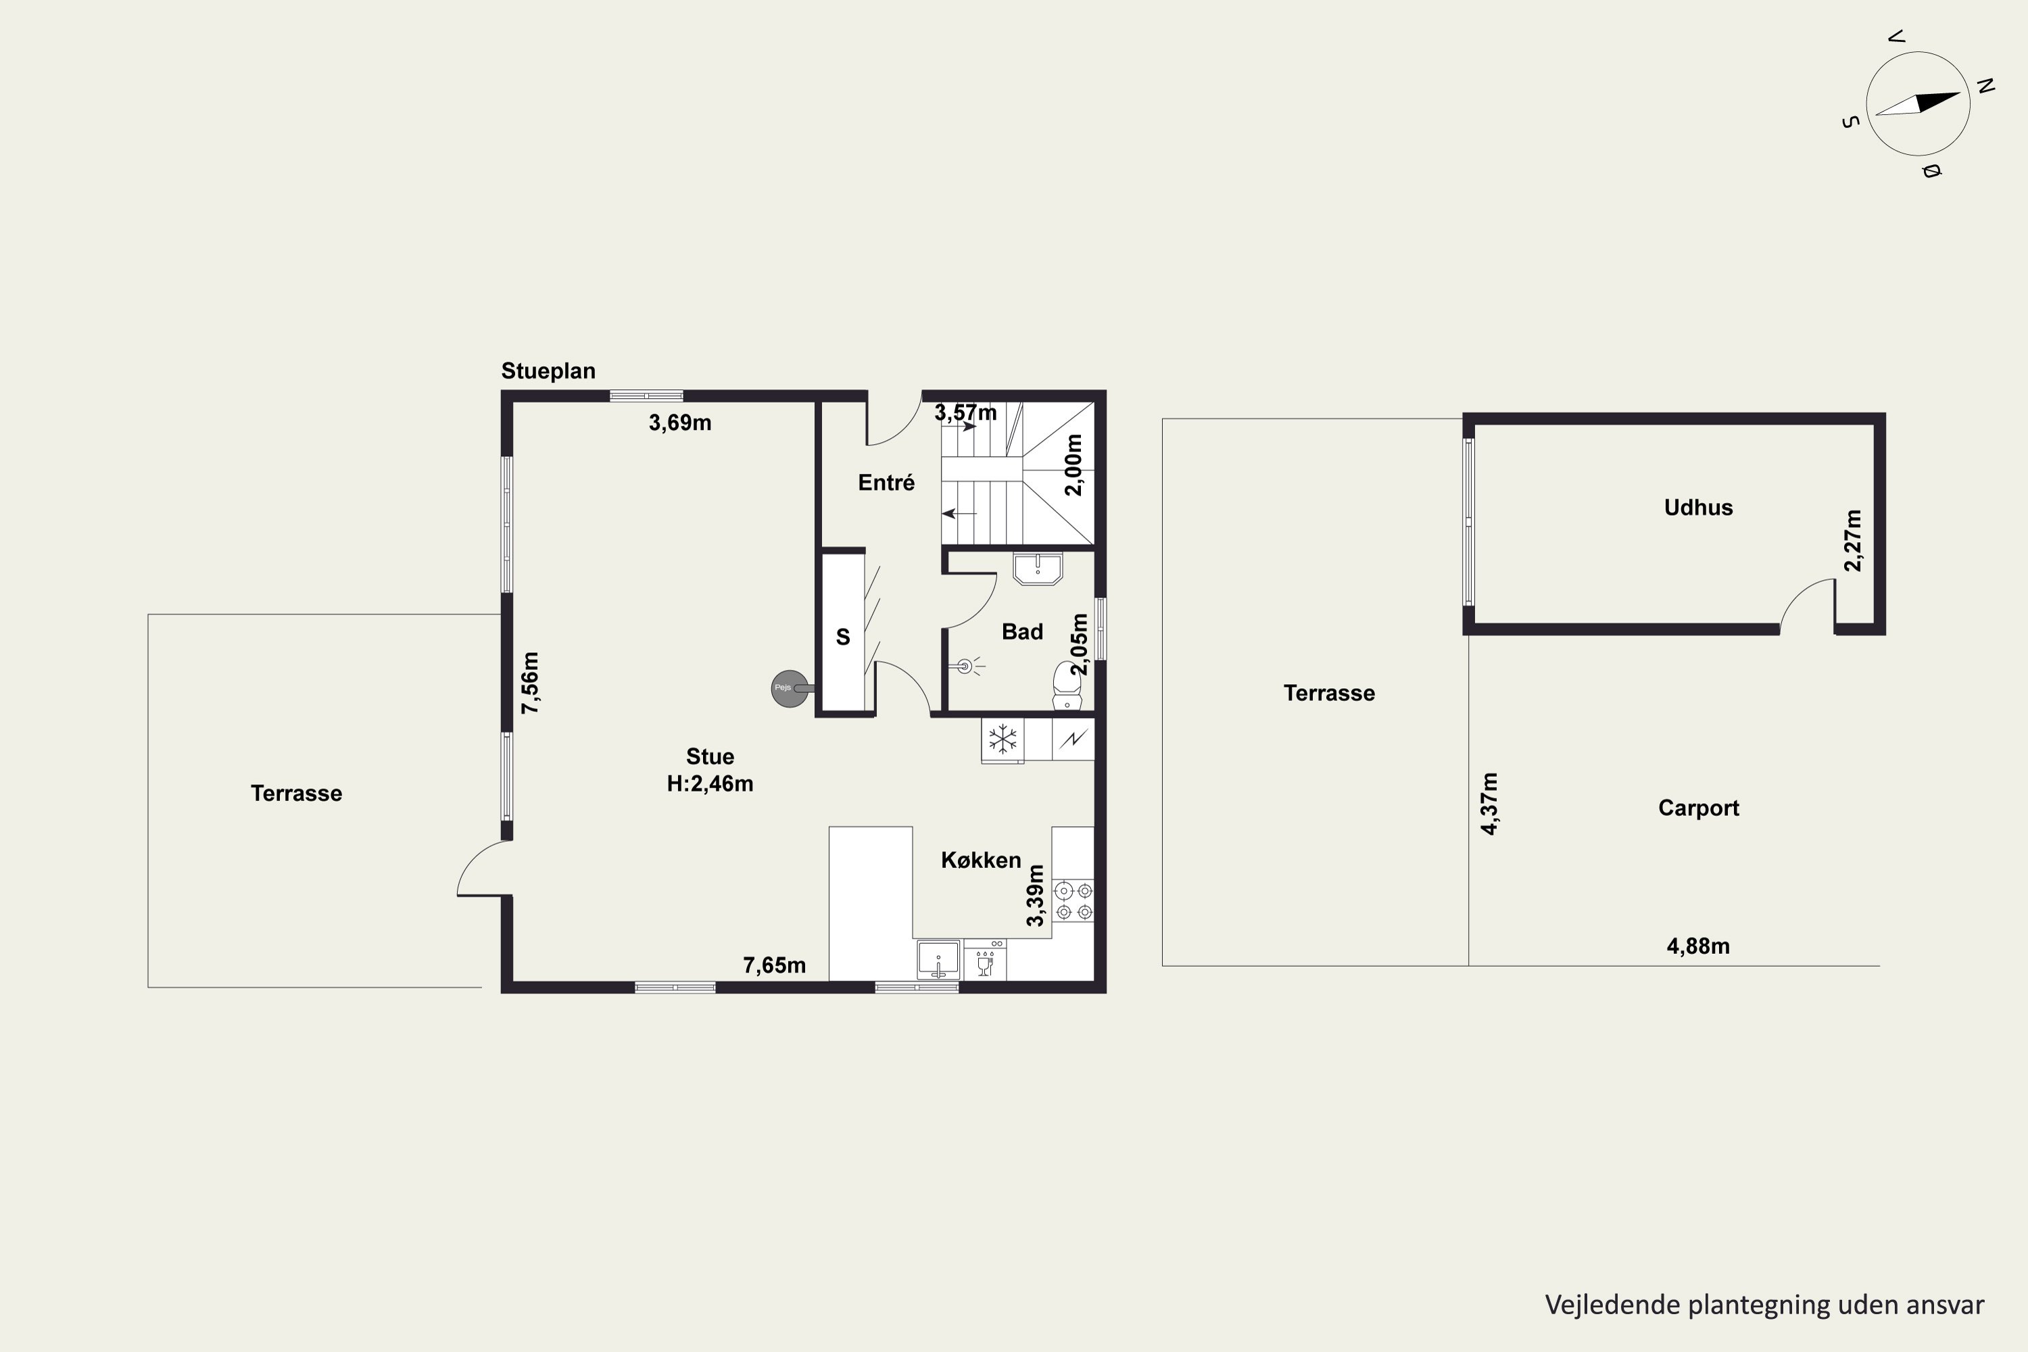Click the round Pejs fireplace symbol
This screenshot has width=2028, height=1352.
(789, 689)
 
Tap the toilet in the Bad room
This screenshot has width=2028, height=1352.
(1067, 687)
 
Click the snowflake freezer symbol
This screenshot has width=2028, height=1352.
(1002, 739)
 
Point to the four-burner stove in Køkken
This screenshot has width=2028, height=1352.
(1073, 901)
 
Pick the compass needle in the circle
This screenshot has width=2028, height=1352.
(1918, 103)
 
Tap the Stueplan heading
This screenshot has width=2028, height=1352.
(548, 370)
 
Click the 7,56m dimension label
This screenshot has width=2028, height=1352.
(530, 683)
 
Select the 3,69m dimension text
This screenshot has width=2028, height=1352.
(680, 422)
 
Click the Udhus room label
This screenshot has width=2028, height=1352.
(1697, 507)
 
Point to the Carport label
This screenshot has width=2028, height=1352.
(1697, 808)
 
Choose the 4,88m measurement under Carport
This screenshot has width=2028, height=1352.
(1697, 946)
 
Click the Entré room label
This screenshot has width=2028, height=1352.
(886, 482)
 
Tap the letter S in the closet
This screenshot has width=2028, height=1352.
(843, 637)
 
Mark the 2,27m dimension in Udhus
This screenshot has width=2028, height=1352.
(1853, 541)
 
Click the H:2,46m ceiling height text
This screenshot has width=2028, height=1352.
(710, 783)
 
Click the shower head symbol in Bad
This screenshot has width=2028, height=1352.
(966, 666)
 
